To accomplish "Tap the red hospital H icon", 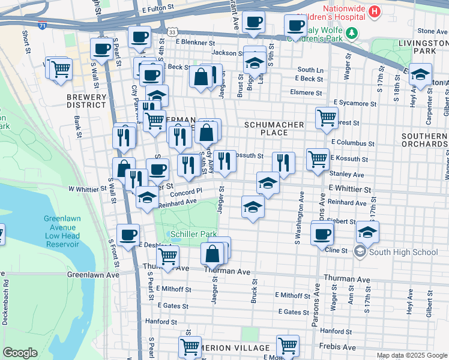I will coord(375,11).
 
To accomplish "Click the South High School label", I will coord(403,252).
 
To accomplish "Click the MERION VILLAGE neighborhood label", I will coord(237,349).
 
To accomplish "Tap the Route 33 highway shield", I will coord(172,32).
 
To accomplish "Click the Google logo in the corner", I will coord(20,352).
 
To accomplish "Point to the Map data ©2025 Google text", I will coord(411,355).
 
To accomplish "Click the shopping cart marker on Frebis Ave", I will coord(288,346).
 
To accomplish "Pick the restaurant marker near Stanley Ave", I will coord(283,162).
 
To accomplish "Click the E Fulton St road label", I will coord(158,11).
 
